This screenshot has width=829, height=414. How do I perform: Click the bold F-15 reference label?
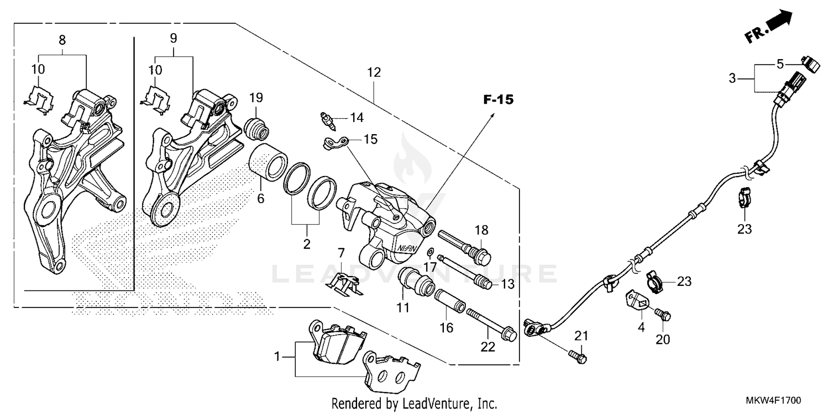[498, 100]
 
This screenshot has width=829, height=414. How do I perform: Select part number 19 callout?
[255, 98]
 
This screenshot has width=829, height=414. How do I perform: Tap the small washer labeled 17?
[429, 253]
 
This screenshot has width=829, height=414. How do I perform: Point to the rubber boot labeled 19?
[256, 129]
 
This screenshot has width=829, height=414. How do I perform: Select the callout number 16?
[446, 328]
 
